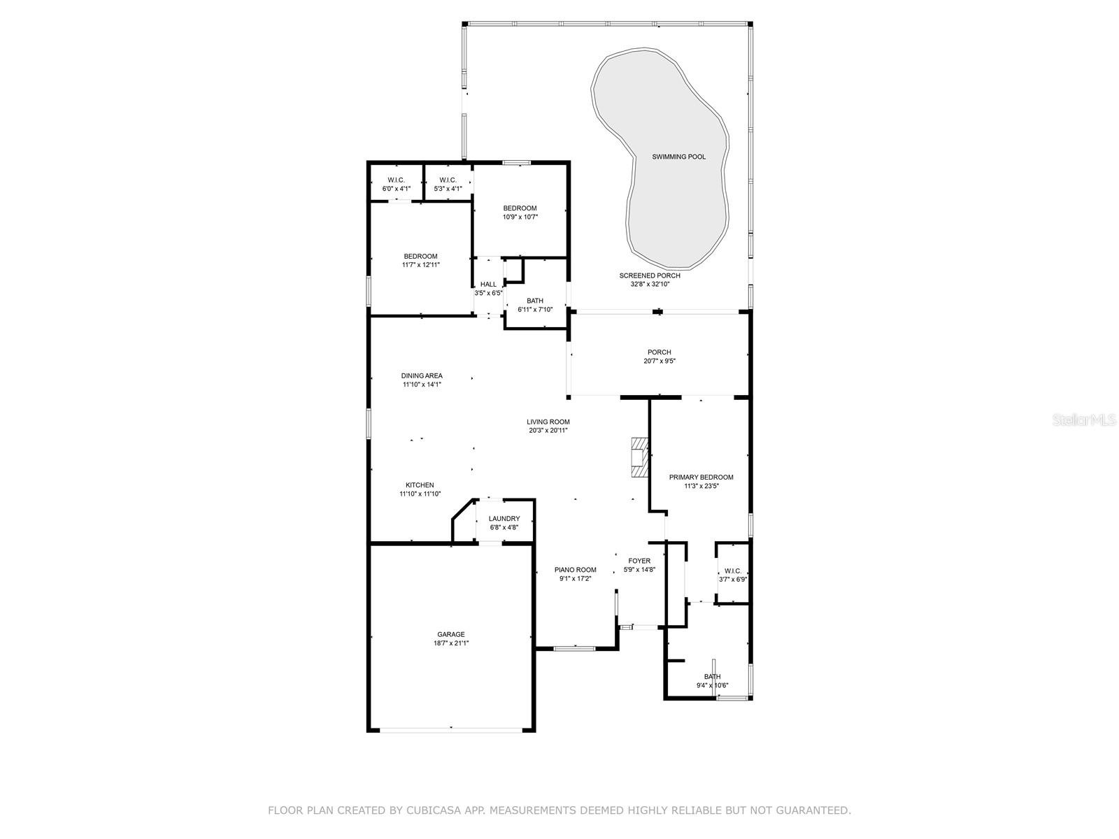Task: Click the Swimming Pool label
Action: point(678,157)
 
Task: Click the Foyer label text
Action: point(639,561)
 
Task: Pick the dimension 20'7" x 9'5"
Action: point(660,361)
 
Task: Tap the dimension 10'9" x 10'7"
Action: point(520,217)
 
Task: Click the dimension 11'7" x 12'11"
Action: point(420,265)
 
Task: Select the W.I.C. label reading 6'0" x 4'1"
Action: point(396,185)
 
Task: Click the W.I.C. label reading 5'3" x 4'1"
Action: point(448,185)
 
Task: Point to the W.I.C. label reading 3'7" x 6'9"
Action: point(733,575)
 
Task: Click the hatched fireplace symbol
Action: point(639,457)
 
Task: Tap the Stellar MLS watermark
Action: point(1084,419)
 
